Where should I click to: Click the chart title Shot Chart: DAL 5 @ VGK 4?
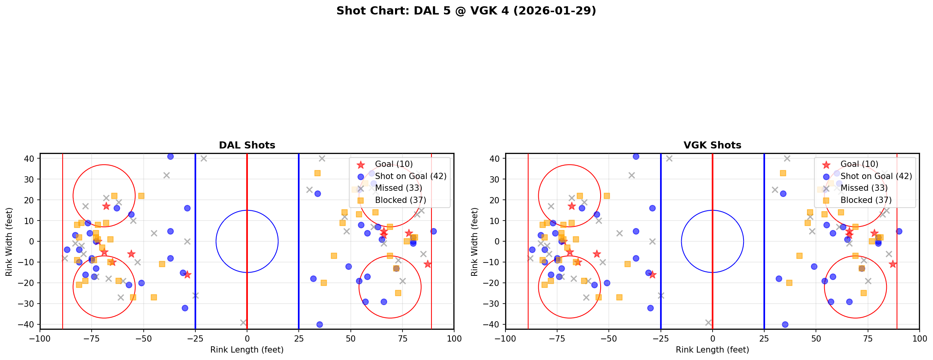pos(466,11)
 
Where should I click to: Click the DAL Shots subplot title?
pos(247,145)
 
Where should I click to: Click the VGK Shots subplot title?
pos(712,145)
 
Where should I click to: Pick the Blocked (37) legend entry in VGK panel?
pos(866,200)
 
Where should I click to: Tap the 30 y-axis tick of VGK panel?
pos(497,179)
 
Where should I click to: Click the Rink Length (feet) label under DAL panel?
pos(247,350)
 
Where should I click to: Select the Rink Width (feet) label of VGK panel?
pos(475,242)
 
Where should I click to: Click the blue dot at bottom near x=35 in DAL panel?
pos(319,324)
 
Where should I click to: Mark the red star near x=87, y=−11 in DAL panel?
pos(427,264)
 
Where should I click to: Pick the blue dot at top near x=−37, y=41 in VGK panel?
pos(636,156)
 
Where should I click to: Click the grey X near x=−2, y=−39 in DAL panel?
pos(243,322)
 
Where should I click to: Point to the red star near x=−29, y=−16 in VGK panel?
pos(652,275)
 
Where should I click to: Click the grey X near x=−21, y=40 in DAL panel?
pos(204,158)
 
